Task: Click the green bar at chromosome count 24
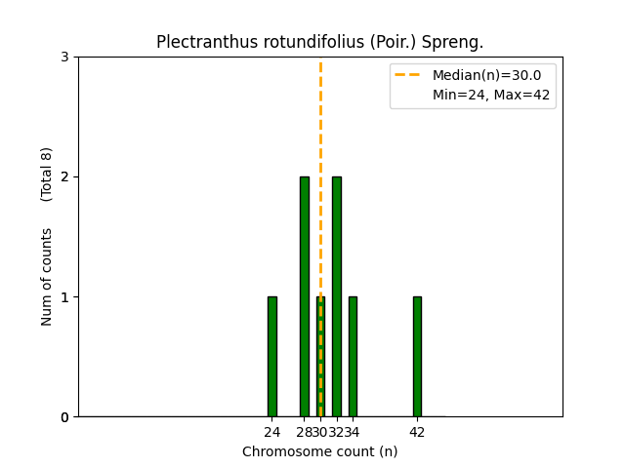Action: (272, 356)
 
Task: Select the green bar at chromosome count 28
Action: (305, 296)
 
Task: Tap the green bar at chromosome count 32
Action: (337, 296)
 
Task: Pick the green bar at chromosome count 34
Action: (353, 356)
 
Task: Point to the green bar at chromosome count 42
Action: (417, 356)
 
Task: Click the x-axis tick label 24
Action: (272, 432)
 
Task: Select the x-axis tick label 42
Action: (417, 432)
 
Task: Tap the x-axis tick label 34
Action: (353, 432)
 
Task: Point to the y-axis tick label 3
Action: (64, 57)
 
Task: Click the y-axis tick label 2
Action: (64, 176)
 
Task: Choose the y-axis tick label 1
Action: (64, 296)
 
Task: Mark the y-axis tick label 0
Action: (64, 417)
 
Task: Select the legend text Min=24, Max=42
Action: (491, 95)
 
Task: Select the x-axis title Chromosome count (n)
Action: (320, 451)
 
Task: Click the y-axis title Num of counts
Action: (47, 277)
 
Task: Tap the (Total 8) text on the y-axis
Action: (47, 174)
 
